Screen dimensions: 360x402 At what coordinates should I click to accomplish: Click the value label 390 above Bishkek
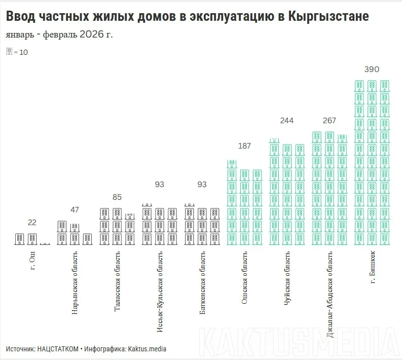pyautogui.click(x=372, y=69)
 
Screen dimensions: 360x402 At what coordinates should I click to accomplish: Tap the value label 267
pyautogui.click(x=329, y=121)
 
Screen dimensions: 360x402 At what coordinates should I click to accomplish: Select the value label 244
pyautogui.click(x=287, y=121)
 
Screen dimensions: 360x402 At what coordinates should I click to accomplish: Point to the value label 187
pyautogui.click(x=244, y=146)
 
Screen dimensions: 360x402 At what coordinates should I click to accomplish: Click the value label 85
pyautogui.click(x=117, y=197)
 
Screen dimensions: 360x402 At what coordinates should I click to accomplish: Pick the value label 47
pyautogui.click(x=75, y=210)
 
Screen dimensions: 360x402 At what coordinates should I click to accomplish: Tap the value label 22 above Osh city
pyautogui.click(x=32, y=223)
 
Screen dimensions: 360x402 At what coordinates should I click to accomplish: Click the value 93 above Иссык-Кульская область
pyautogui.click(x=160, y=185)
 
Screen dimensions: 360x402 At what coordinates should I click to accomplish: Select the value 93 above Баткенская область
pyautogui.click(x=202, y=185)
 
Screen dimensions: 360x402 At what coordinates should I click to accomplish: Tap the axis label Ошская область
pyautogui.click(x=245, y=278)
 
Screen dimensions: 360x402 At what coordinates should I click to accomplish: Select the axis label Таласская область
pyautogui.click(x=118, y=282)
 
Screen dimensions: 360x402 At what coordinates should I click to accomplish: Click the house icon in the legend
pyautogui.click(x=9, y=51)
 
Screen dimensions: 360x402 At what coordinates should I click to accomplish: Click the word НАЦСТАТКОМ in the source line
pyautogui.click(x=58, y=349)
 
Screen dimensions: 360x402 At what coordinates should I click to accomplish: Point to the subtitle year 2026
pyautogui.click(x=92, y=34)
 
